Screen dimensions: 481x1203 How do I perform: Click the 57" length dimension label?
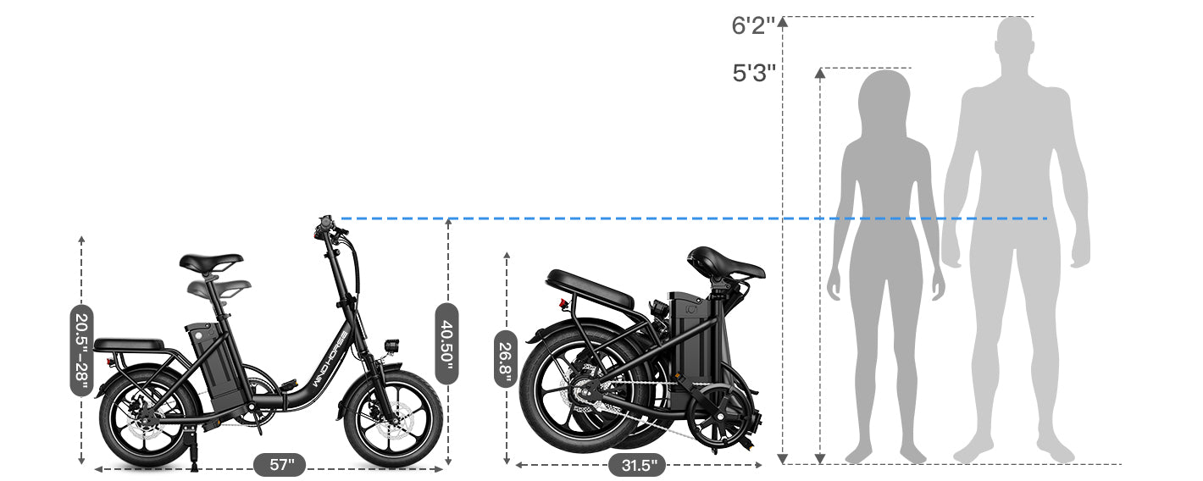tap(280, 464)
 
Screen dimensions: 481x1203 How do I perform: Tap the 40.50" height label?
tap(447, 343)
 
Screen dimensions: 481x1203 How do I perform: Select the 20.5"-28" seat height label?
tap(81, 350)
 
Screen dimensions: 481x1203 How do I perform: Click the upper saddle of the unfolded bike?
tap(210, 262)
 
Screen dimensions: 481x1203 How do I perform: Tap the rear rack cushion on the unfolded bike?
tap(129, 345)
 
